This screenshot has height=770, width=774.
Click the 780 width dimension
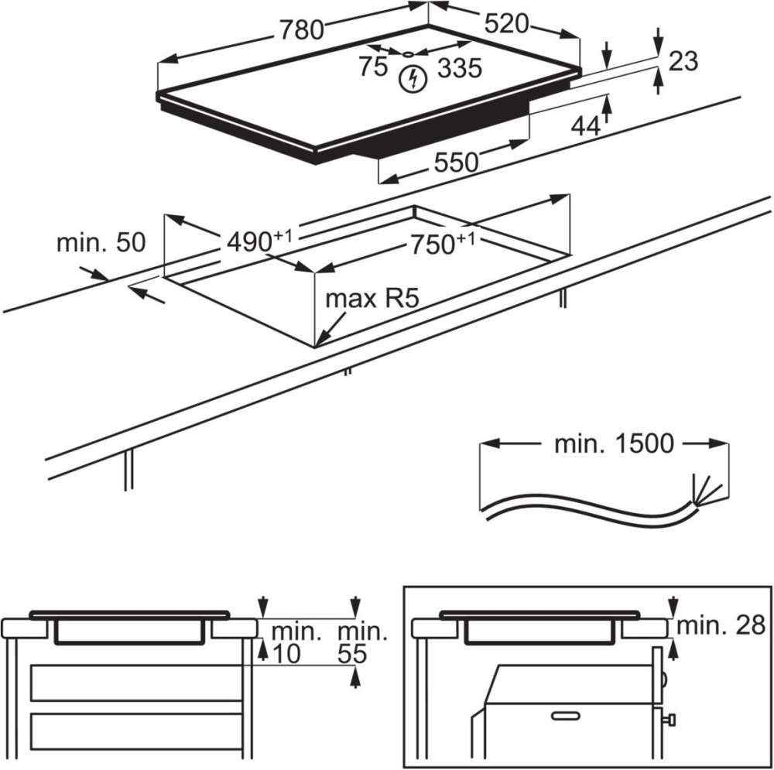click(300, 29)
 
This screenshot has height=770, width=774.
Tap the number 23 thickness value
click(683, 61)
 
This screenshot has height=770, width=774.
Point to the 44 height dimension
click(585, 125)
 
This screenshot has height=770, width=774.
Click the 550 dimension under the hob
click(455, 163)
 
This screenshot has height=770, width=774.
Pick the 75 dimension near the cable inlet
click(372, 67)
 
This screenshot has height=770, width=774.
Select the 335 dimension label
click(459, 69)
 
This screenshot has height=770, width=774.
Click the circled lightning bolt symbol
click(415, 78)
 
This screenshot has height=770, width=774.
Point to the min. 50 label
click(101, 242)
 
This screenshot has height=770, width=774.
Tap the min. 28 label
click(720, 626)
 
